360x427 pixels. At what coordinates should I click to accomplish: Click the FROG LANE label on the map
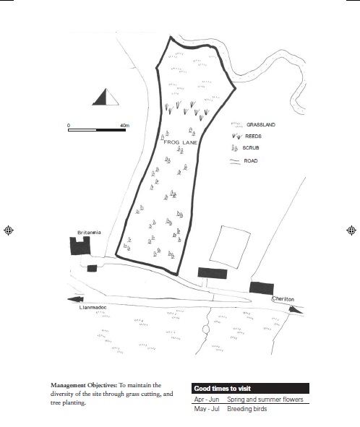[x=181, y=142]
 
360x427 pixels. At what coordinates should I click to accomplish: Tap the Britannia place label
[x=89, y=233]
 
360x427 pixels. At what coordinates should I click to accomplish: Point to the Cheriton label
[x=283, y=299]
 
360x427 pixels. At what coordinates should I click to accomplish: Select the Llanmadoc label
[x=93, y=308]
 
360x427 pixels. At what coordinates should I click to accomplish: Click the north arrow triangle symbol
[x=106, y=97]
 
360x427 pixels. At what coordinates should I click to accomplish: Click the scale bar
[x=97, y=130]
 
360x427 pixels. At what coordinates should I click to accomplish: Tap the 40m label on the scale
[x=124, y=125]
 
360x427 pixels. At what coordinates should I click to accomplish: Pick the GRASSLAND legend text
[x=261, y=125]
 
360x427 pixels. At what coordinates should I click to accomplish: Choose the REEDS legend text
[x=253, y=136]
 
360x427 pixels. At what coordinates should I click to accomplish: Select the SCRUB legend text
[x=251, y=148]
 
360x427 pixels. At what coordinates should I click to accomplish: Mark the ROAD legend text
[x=251, y=161]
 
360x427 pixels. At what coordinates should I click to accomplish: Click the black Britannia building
[x=80, y=246]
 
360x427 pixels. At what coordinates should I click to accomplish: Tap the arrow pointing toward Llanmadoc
[x=75, y=299]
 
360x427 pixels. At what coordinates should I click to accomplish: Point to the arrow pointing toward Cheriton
[x=296, y=310]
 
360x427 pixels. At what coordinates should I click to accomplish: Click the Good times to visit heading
[x=223, y=389]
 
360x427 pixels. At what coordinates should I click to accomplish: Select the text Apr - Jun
[x=207, y=400]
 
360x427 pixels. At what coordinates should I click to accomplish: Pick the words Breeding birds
[x=247, y=409]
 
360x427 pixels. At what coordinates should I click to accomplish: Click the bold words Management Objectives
[x=84, y=385]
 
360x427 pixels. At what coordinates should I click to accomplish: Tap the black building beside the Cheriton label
[x=262, y=288]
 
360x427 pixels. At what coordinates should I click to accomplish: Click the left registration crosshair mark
[x=9, y=230]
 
